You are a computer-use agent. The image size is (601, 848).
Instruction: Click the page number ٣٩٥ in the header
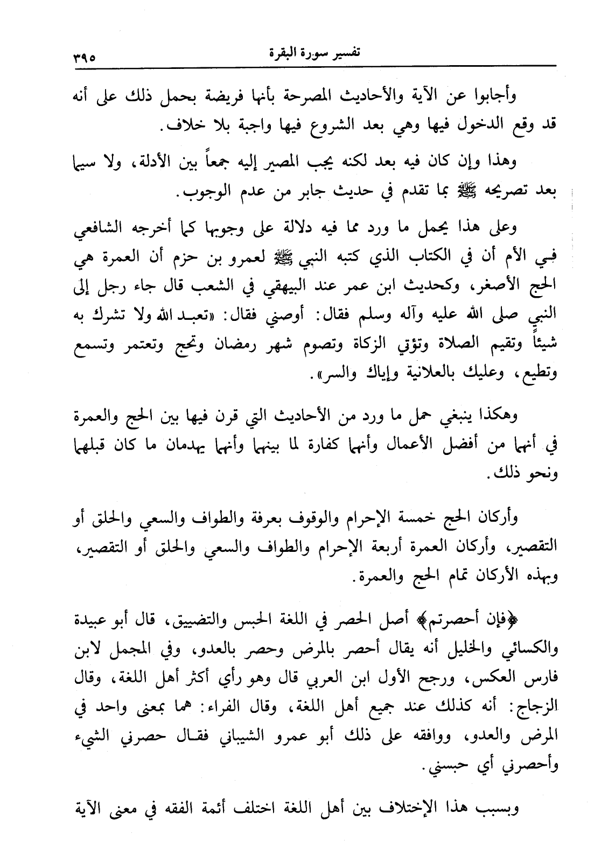coord(80,55)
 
